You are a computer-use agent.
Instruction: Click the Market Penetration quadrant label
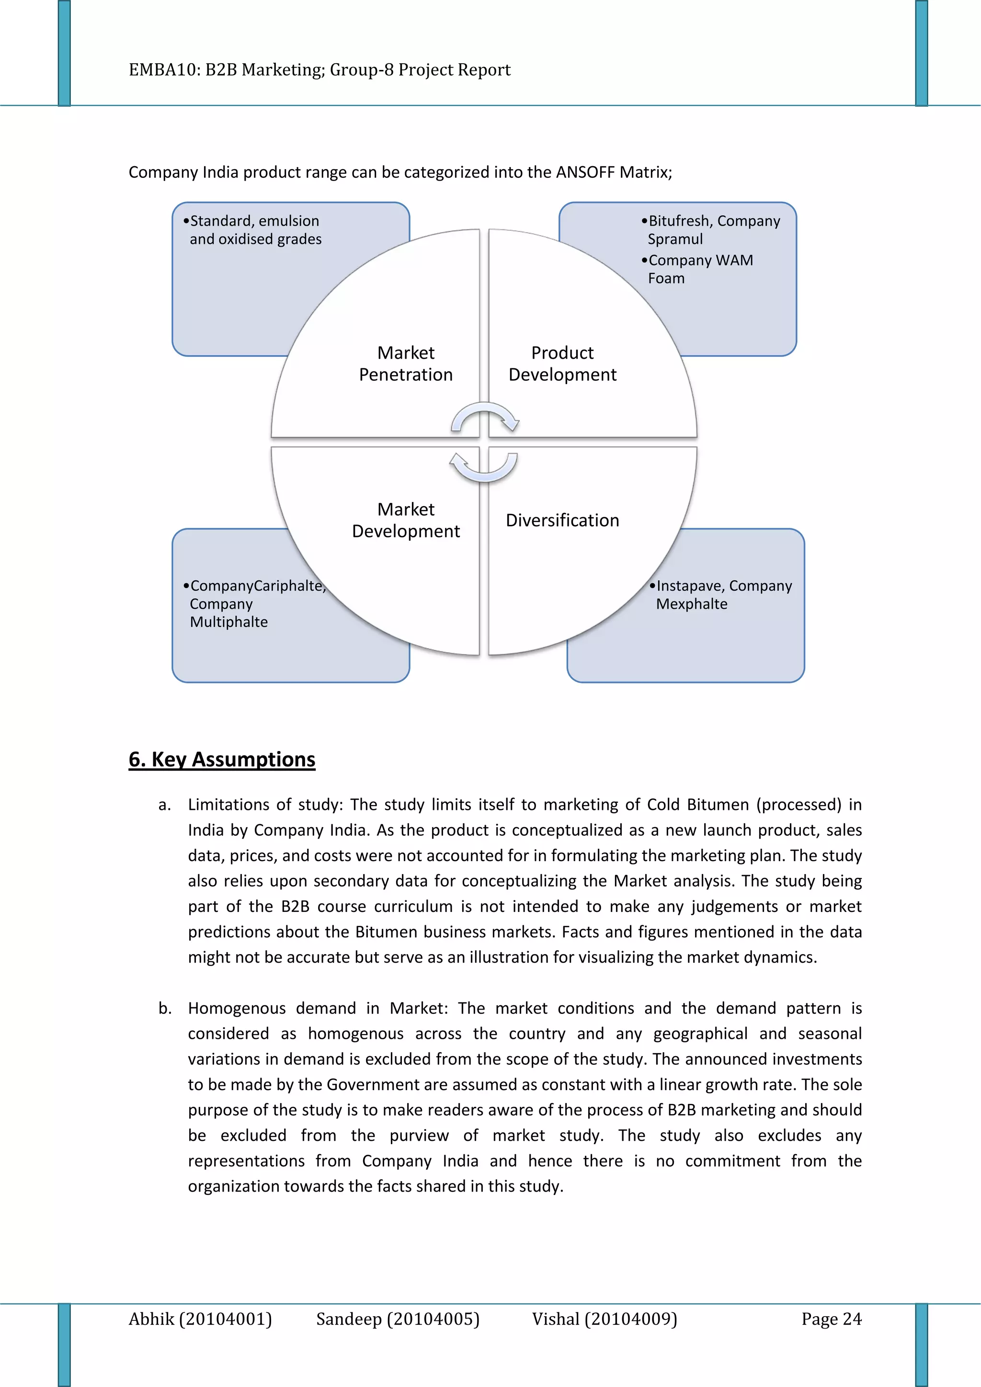point(405,364)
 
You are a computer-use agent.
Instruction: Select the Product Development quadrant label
point(562,364)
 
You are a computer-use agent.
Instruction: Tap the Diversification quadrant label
point(562,520)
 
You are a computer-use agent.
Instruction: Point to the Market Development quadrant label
point(405,520)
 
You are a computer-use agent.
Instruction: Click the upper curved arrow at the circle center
point(485,418)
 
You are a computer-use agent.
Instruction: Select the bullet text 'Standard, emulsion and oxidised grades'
point(255,230)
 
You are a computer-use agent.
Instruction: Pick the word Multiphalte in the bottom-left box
point(228,622)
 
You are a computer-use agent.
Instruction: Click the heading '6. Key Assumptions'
point(222,759)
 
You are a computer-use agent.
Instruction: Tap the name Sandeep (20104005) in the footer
point(398,1319)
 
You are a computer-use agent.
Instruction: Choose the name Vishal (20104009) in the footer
point(604,1319)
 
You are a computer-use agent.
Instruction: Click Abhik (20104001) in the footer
point(200,1319)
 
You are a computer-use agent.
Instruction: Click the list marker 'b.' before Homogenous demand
point(165,1008)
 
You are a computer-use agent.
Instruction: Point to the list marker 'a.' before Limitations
point(164,805)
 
